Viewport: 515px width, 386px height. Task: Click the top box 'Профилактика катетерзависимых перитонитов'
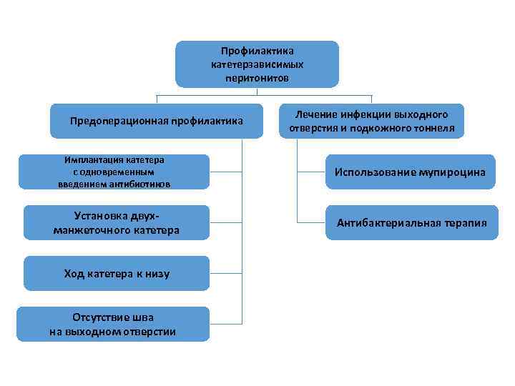click(x=257, y=64)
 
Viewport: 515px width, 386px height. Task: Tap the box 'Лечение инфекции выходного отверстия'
click(x=371, y=121)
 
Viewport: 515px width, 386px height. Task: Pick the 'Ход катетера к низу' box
click(x=117, y=274)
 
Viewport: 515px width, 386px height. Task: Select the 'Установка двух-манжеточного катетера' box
click(x=117, y=223)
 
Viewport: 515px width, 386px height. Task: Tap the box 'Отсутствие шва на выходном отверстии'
click(x=113, y=325)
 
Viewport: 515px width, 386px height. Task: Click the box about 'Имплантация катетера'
click(x=114, y=172)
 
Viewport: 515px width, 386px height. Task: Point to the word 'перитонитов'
click(x=257, y=77)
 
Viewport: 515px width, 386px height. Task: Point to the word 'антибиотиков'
click(x=144, y=183)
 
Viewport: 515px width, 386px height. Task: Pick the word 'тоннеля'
click(x=433, y=128)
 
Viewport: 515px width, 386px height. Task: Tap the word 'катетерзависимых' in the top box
click(x=257, y=64)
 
